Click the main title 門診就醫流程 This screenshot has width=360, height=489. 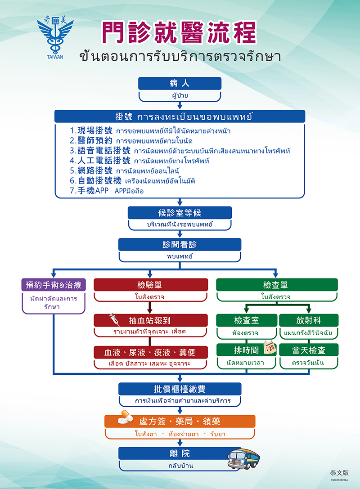click(179, 32)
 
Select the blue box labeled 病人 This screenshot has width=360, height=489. click(180, 83)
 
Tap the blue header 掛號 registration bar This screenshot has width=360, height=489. click(180, 117)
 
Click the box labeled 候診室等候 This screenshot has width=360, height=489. click(180, 213)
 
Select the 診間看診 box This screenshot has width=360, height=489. click(180, 244)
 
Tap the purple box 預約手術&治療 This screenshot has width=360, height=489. click(54, 285)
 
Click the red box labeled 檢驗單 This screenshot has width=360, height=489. click(150, 285)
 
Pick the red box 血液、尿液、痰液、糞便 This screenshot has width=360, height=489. click(150, 352)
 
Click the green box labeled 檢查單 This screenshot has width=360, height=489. click(276, 285)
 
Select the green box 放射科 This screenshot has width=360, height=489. click(308, 320)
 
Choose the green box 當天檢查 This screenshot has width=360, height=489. click(308, 350)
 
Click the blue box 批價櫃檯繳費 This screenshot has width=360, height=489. click(180, 389)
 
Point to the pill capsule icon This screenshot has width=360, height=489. click(125, 419)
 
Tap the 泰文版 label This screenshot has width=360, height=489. click(338, 473)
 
